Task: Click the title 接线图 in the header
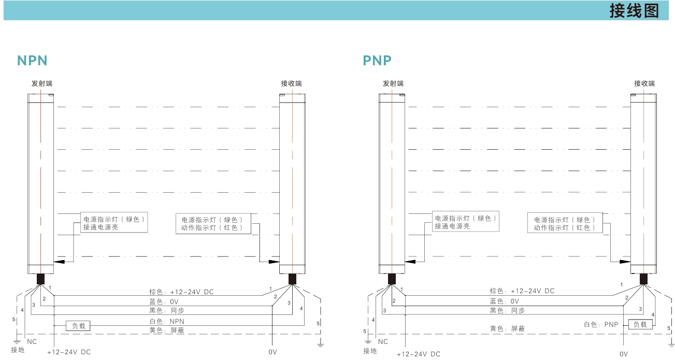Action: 634,11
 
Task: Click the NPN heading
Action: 32,61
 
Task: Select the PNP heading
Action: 377,61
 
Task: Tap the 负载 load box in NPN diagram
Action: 78,326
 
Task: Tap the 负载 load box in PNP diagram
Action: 640,324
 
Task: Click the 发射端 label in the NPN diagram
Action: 41,83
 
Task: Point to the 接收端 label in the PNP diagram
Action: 644,83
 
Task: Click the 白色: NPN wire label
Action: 163,321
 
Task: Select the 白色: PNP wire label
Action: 601,325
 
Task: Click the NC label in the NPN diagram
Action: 32,342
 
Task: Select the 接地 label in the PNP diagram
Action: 370,351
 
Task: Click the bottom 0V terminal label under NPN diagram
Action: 272,352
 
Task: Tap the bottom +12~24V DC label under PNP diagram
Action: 418,354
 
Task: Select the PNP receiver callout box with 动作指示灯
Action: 565,223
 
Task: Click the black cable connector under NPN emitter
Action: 40,279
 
